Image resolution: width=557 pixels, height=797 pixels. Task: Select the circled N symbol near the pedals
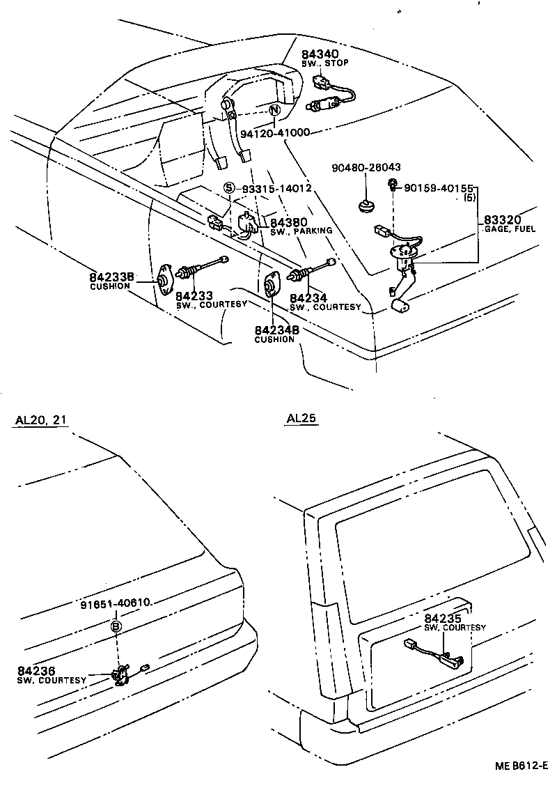click(274, 110)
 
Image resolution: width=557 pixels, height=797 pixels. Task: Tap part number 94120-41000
click(275, 132)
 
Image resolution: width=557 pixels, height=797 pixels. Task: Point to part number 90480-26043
click(366, 168)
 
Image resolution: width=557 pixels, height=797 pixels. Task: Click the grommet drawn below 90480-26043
click(365, 206)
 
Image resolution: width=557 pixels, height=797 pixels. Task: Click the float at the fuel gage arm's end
click(400, 305)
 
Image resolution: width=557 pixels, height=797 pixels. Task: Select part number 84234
click(308, 297)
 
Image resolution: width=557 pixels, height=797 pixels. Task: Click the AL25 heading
click(301, 419)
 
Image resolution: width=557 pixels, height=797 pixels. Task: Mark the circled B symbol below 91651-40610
click(116, 627)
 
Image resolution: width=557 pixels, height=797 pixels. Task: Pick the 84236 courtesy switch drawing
click(122, 674)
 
